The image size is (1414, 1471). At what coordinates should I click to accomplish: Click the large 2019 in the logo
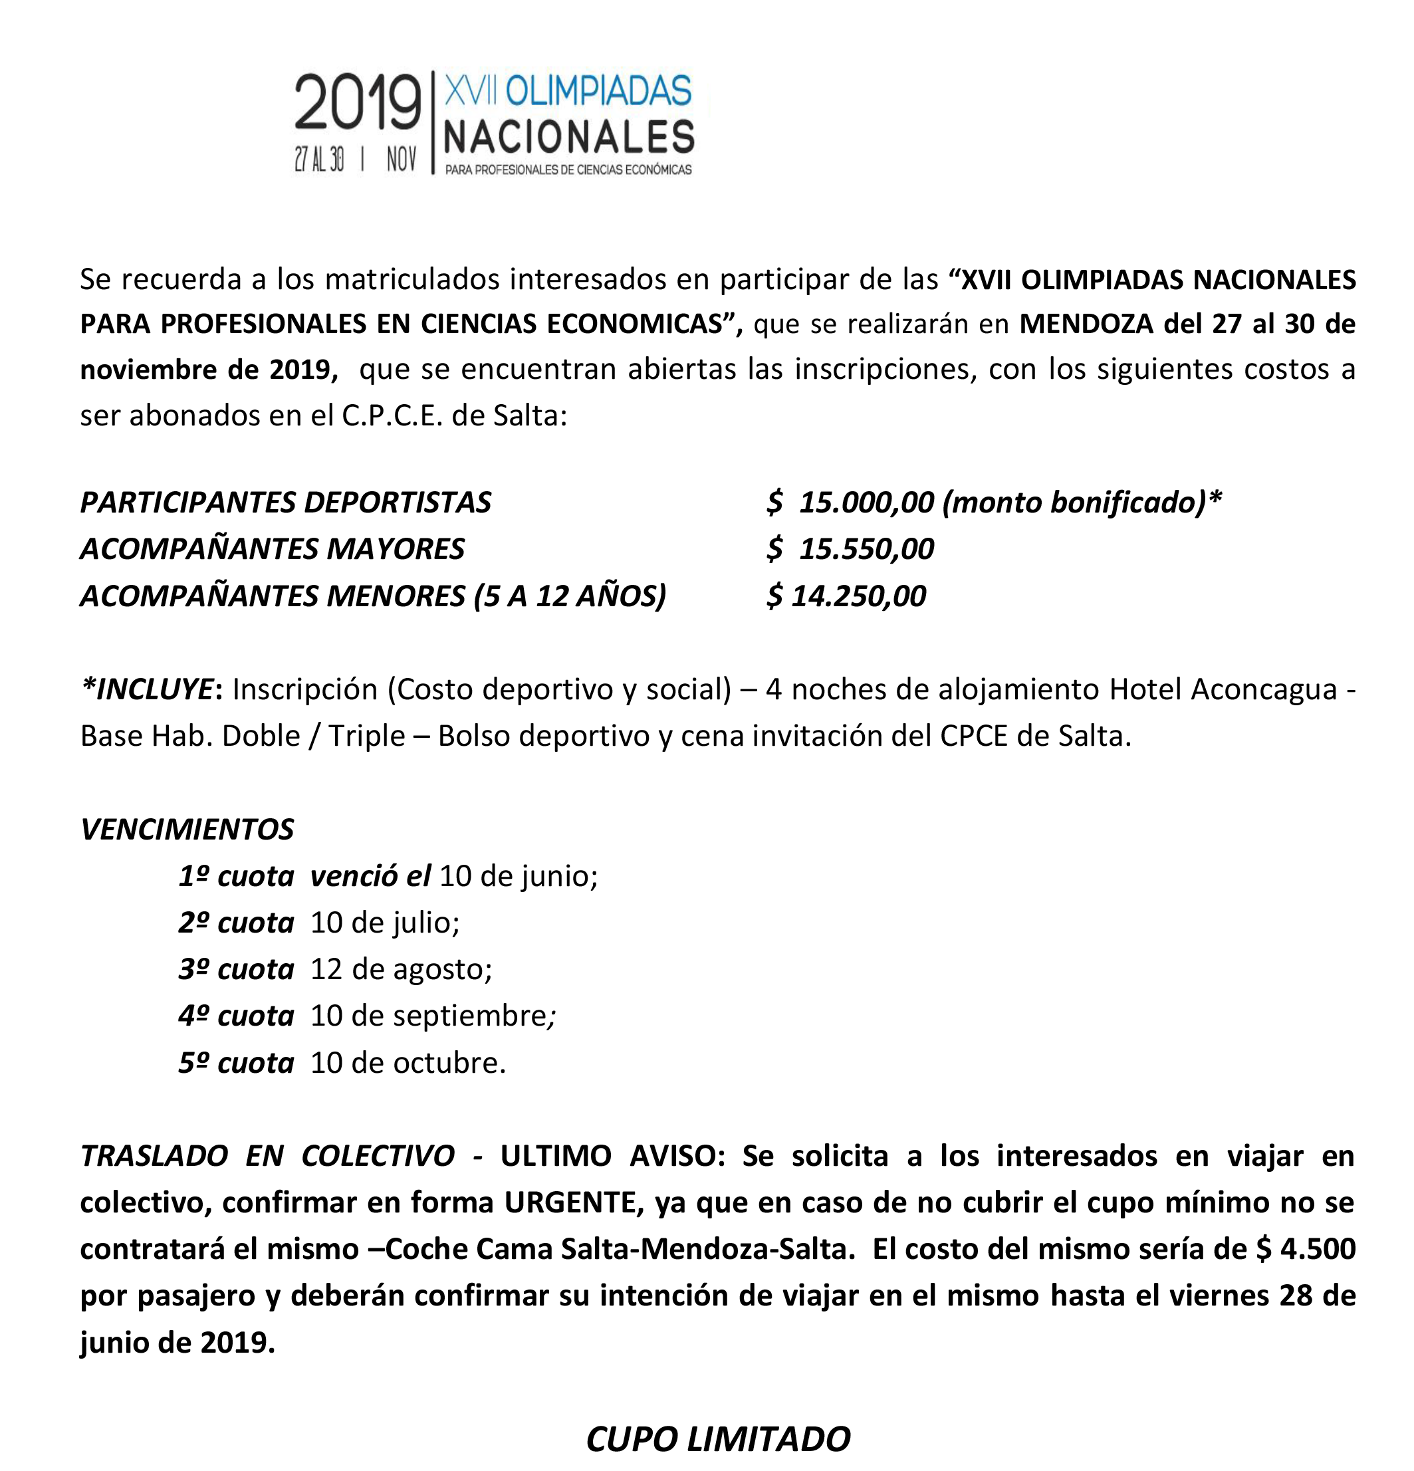[x=357, y=103]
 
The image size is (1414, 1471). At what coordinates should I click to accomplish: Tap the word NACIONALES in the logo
[x=569, y=136]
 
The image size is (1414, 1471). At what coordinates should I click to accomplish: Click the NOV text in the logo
[x=402, y=159]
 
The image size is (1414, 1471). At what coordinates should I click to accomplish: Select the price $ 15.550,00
[x=850, y=548]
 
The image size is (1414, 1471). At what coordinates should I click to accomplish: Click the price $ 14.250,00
[x=846, y=596]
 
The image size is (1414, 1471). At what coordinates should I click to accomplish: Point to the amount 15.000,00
[x=866, y=502]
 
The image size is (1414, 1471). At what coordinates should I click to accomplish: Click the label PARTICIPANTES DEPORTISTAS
[x=285, y=502]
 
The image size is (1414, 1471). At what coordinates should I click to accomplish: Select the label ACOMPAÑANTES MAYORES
[x=273, y=548]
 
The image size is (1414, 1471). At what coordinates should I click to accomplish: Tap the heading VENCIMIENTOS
[x=187, y=830]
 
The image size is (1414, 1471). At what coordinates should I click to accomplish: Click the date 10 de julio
[x=384, y=923]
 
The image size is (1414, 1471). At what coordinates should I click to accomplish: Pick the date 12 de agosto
[x=401, y=969]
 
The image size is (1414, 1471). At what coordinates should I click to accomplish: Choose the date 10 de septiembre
[x=432, y=1016]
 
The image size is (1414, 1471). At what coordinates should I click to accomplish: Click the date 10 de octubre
[x=408, y=1063]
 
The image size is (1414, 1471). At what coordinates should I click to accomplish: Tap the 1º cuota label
[x=235, y=876]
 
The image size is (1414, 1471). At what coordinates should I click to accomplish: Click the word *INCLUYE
[x=147, y=689]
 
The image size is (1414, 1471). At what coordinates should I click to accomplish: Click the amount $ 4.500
[x=1305, y=1249]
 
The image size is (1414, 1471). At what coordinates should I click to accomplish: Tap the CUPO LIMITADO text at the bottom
[x=717, y=1440]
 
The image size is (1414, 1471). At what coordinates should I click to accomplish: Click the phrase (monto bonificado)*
[x=1082, y=502]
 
